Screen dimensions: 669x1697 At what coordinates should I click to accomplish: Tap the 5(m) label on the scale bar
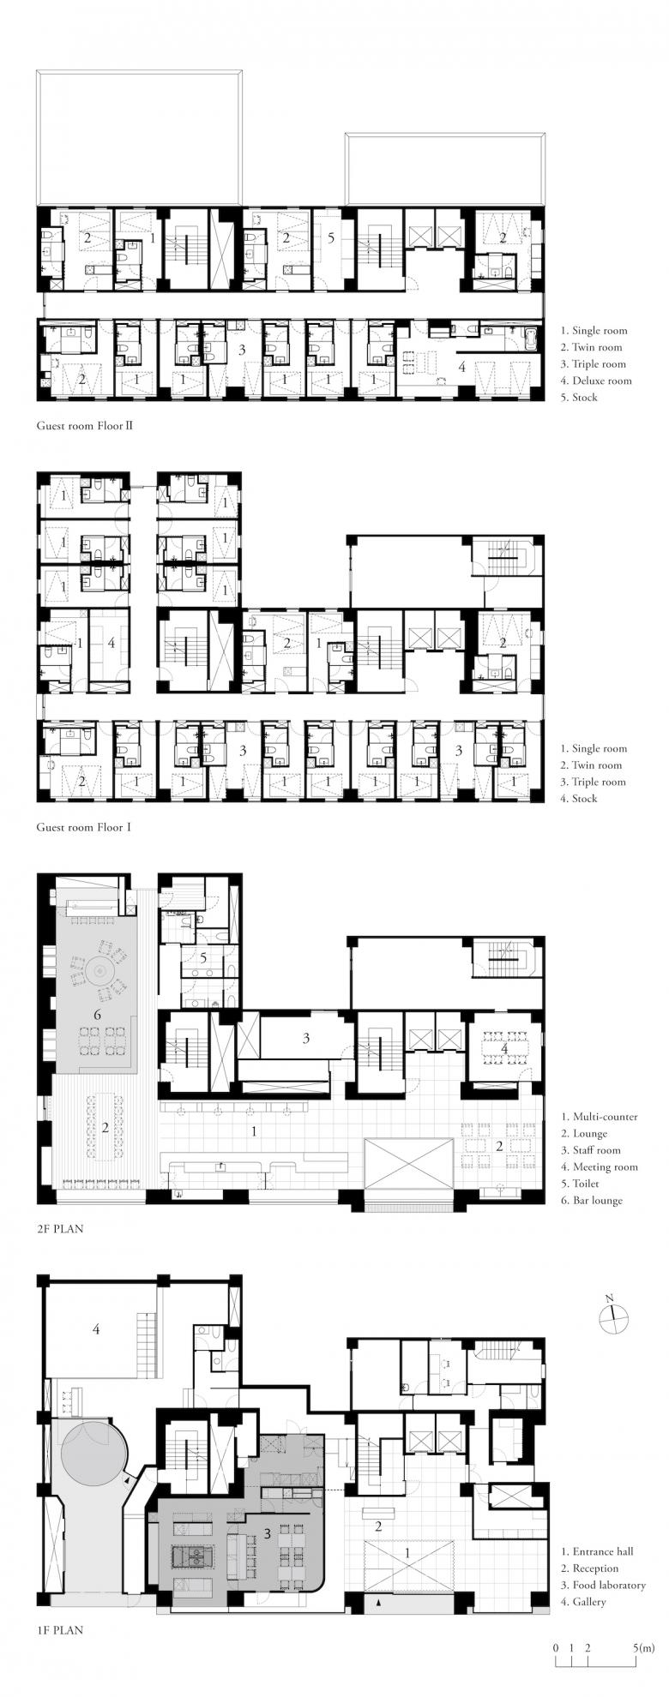[642, 1647]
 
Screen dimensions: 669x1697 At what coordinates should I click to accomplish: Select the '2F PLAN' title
[60, 1227]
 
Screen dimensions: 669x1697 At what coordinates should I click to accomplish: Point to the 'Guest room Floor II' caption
[85, 424]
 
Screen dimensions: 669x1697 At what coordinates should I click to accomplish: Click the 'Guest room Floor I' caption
[82, 828]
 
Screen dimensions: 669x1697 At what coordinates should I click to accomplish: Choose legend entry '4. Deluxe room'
[596, 381]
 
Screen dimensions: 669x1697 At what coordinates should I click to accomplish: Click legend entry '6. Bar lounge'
[592, 1200]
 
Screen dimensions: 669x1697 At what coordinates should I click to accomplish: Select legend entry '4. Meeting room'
[600, 1166]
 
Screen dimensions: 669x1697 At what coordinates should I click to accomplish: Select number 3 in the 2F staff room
[305, 1038]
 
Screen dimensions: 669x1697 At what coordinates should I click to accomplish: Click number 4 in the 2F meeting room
[504, 1048]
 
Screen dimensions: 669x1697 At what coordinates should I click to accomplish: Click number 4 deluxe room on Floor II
[462, 367]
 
